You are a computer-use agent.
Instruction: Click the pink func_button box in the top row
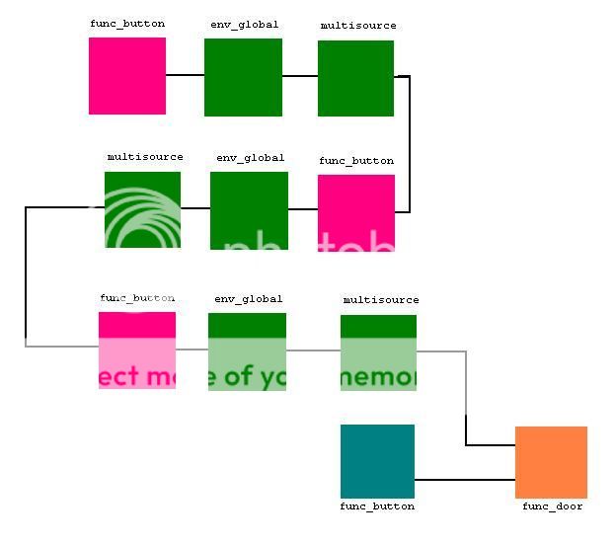point(127,76)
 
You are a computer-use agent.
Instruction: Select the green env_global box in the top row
point(243,77)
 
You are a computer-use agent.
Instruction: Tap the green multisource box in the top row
point(355,78)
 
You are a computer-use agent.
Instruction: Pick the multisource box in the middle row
point(142,209)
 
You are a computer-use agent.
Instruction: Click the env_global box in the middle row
point(249,210)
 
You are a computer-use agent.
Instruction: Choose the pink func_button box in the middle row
point(355,212)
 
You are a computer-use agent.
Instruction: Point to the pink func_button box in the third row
point(137,350)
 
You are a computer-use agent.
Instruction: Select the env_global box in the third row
point(247,351)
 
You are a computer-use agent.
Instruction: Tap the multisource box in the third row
point(378,352)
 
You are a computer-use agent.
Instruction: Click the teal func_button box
point(377,461)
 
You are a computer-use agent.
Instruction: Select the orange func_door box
point(551,462)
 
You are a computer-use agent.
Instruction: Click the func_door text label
point(552,506)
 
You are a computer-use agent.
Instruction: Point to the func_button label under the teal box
point(377,506)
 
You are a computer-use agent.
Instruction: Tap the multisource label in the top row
point(358,26)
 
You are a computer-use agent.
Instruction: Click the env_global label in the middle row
point(250,158)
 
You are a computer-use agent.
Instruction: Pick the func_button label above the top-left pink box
point(127,24)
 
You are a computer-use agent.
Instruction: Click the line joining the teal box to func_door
point(464,481)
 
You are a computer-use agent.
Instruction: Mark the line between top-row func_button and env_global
point(185,75)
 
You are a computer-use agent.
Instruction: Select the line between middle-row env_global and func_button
point(302,209)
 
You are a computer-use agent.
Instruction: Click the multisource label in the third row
point(380,300)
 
